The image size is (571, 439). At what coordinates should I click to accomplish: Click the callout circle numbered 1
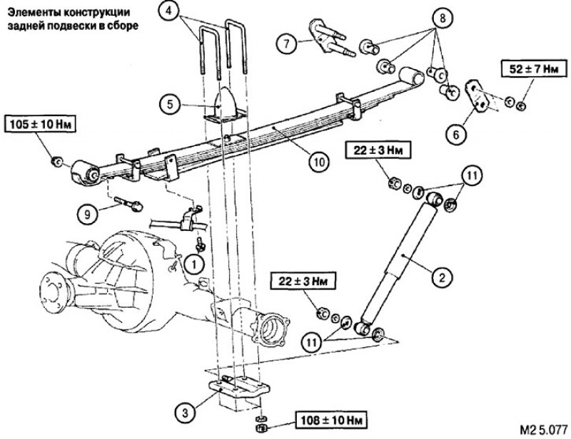click(193, 264)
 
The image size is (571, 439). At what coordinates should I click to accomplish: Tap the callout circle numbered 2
click(442, 278)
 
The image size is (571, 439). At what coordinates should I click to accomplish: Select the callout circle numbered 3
click(185, 413)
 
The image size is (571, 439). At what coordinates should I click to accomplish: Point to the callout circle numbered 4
click(168, 10)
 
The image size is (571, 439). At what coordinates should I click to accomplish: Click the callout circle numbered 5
click(170, 105)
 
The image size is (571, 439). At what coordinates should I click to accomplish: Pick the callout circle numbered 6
click(456, 135)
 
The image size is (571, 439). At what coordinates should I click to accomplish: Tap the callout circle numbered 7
click(287, 43)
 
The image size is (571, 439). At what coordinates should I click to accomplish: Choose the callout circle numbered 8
click(443, 18)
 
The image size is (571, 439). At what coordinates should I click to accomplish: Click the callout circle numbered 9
click(87, 214)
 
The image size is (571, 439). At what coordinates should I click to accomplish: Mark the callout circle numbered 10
click(318, 162)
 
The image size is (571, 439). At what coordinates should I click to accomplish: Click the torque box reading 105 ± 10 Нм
click(40, 125)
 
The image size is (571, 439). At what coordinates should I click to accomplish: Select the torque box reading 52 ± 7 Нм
click(534, 68)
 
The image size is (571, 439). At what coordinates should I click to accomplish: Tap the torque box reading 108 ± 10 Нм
click(331, 420)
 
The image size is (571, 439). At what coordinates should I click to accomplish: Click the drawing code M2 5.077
click(543, 430)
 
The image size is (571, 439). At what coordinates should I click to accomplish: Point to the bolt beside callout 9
click(128, 204)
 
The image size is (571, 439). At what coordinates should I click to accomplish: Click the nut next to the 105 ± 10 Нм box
click(57, 162)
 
